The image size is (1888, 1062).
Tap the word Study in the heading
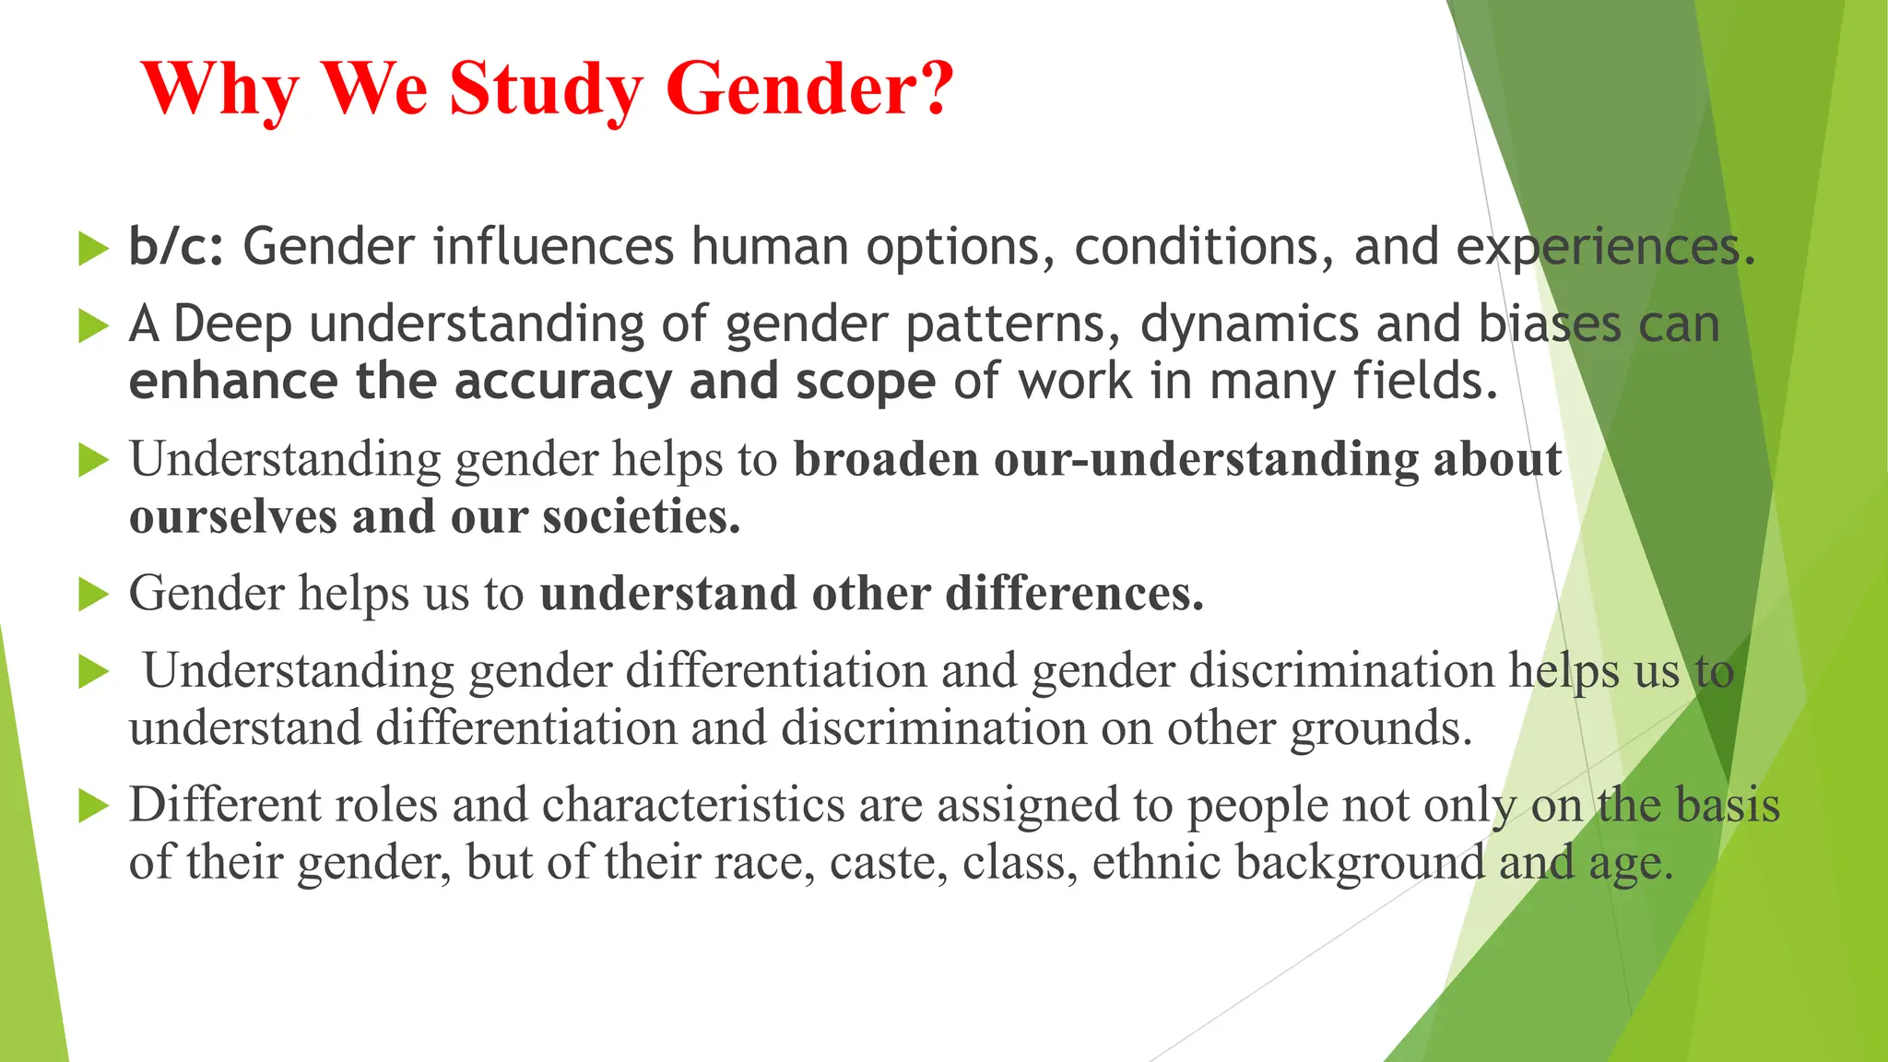[x=546, y=89]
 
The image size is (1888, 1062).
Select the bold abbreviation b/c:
[x=176, y=247]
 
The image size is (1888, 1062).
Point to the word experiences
[x=1604, y=247]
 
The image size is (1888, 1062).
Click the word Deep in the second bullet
[x=232, y=325]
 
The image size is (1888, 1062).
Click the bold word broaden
[x=885, y=459]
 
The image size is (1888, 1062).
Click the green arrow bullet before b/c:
[x=93, y=248]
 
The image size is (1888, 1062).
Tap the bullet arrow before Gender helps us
[x=93, y=594]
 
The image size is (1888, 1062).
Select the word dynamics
[x=1249, y=325]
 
